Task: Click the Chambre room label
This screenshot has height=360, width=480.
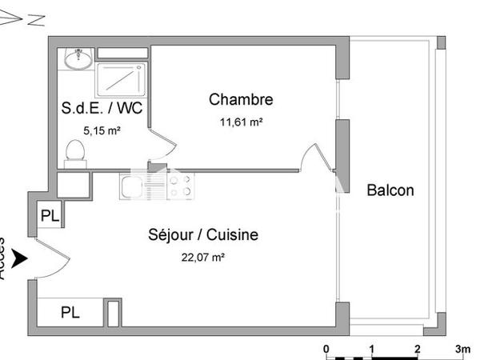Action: (x=241, y=100)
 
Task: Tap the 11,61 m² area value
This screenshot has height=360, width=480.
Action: (x=241, y=122)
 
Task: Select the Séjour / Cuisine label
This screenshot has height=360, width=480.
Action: (x=203, y=235)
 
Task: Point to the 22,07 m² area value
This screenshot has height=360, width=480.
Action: (x=203, y=257)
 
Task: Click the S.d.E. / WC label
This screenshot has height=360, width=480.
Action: (x=102, y=109)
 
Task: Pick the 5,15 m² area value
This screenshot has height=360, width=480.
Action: (x=102, y=129)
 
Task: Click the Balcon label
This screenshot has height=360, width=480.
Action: (x=390, y=190)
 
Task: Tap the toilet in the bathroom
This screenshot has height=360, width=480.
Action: (x=76, y=152)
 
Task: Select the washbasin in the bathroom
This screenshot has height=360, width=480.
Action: (x=79, y=57)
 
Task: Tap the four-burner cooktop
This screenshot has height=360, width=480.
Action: (x=178, y=186)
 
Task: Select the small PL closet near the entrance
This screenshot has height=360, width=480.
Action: (x=50, y=216)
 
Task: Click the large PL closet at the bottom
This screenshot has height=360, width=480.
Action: (x=70, y=312)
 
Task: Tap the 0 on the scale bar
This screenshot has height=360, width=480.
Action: (x=326, y=349)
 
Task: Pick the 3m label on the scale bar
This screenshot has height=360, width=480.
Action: (x=462, y=349)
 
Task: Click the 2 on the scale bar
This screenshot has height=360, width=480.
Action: (x=417, y=349)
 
